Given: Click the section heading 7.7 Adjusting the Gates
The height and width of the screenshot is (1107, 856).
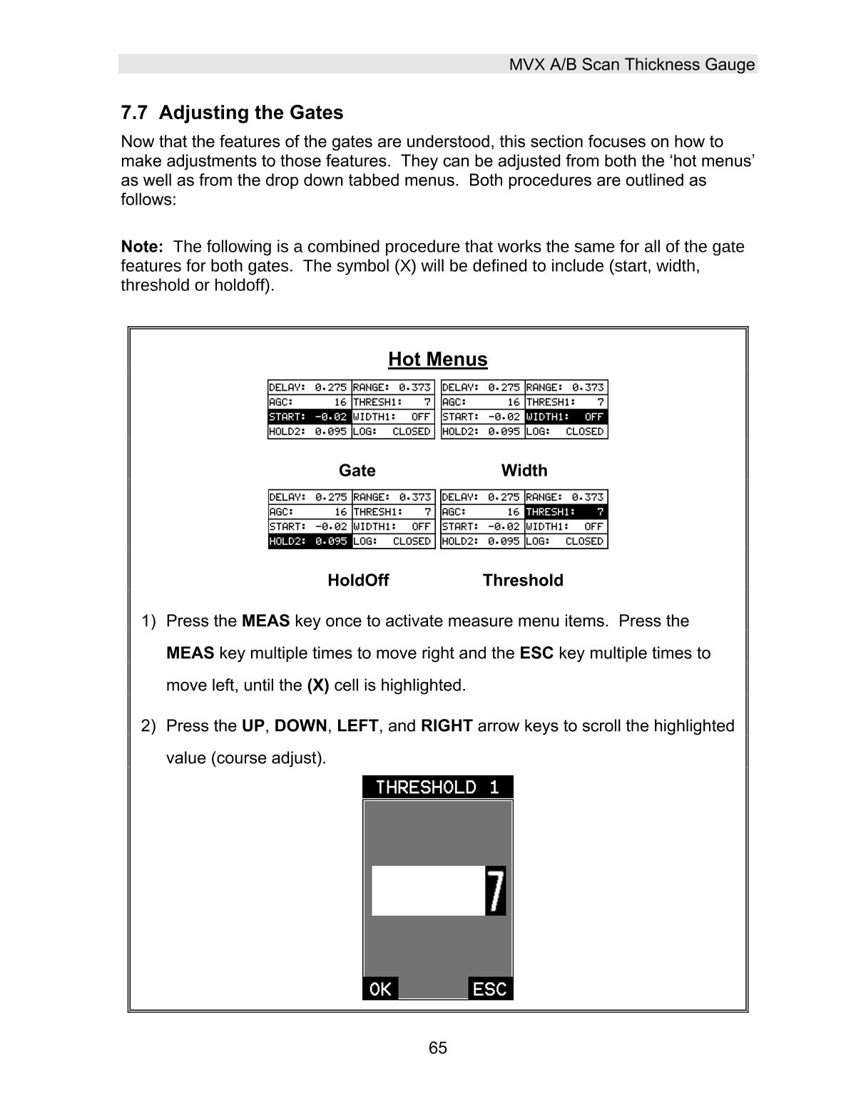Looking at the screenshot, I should coord(232,113).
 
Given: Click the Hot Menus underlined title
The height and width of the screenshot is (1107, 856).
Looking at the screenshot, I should coord(437,359).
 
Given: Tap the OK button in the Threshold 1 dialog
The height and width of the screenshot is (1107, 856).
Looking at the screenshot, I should coord(380,989).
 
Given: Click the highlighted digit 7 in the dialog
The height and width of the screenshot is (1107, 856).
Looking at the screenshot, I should coord(495,890).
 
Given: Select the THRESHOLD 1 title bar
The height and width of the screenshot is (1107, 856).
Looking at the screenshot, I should coord(437,787).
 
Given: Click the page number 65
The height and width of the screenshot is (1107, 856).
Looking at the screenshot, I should coord(437,1048).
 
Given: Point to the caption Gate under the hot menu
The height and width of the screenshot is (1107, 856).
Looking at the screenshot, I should coord(357,471).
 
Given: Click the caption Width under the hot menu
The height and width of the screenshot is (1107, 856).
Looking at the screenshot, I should coord(524,471).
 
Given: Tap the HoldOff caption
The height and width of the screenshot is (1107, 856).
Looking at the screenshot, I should coord(358,581).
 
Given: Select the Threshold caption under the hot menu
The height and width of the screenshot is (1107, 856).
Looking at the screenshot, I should coord(523,581).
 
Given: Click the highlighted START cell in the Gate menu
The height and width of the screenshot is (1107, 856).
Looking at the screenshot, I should coord(310,417).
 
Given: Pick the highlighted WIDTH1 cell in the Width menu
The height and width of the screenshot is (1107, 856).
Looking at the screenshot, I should coord(566,417).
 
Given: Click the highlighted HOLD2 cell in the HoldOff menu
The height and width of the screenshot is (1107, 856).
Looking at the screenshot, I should coord(310,541).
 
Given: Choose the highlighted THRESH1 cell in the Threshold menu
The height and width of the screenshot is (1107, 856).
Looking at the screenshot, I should coord(566,512).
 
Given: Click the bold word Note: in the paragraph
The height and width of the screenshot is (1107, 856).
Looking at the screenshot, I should coord(142,247).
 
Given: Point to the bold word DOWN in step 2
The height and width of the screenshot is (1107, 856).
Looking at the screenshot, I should coord(300,726).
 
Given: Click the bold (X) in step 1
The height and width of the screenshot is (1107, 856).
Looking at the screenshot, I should coord(317,685).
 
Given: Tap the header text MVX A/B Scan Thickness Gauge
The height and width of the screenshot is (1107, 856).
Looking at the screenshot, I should coord(631,65).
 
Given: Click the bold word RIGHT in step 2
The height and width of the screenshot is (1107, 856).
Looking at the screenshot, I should coord(447,726).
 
